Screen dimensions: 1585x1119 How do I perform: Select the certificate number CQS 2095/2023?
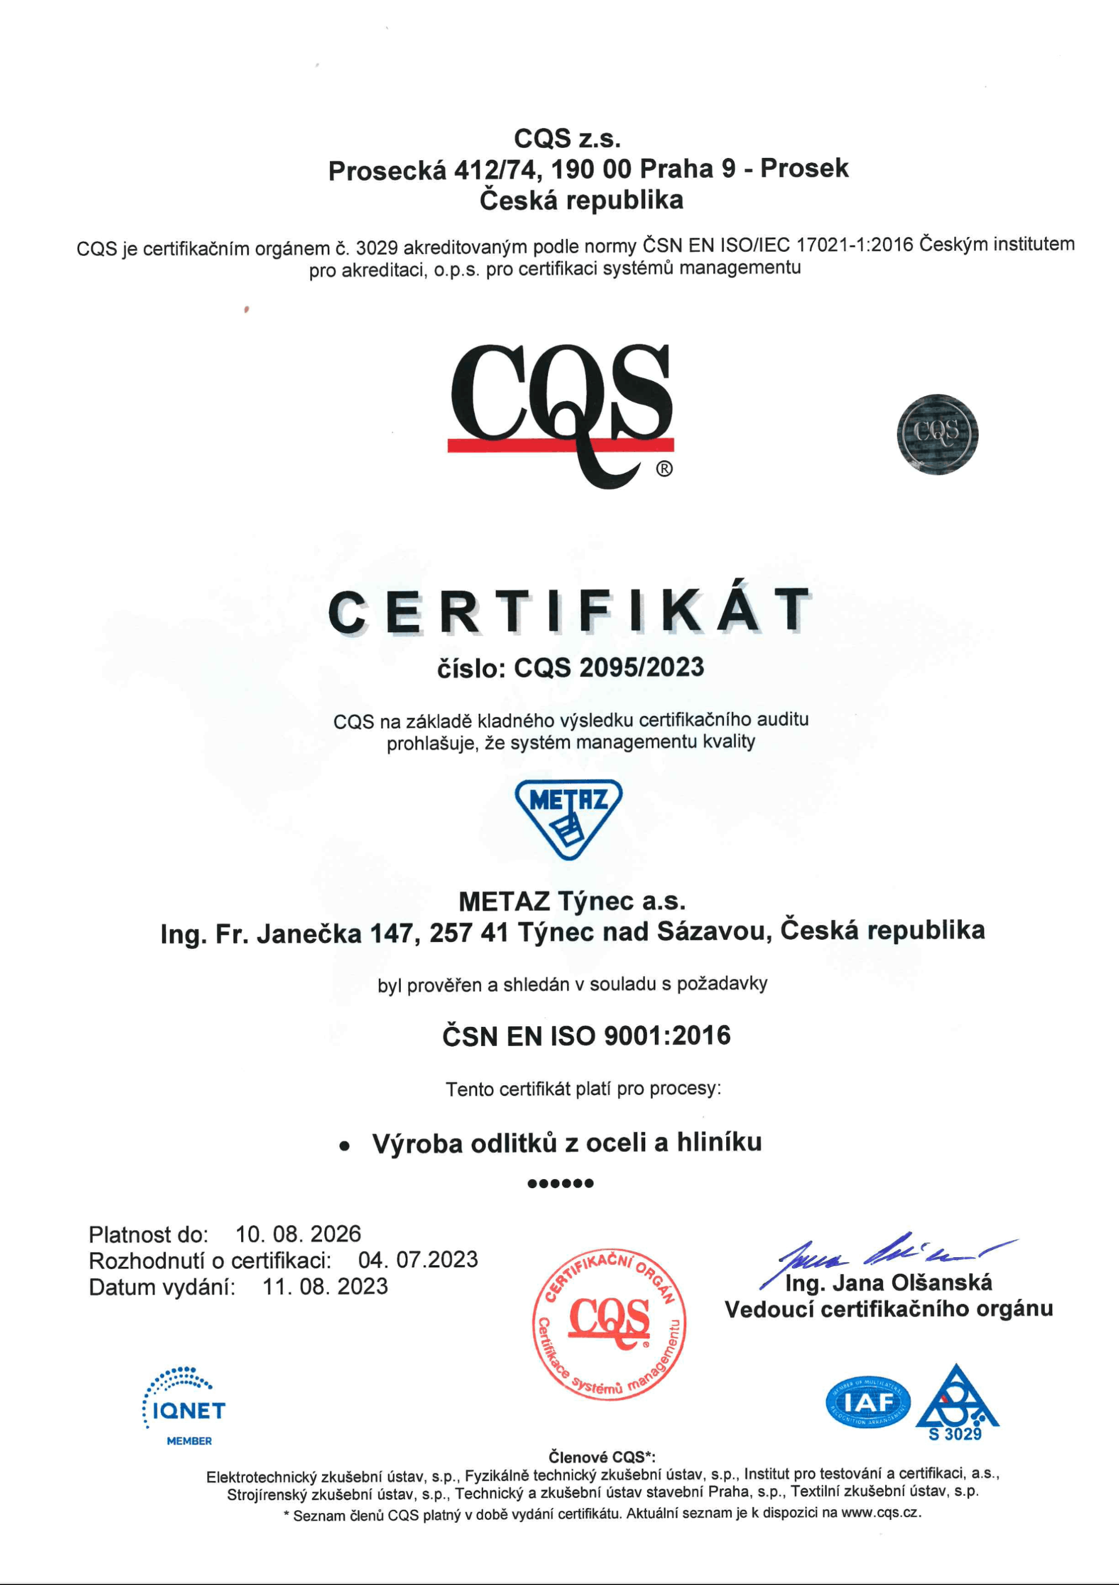pyautogui.click(x=609, y=667)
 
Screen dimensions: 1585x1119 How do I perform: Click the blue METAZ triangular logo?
pyautogui.click(x=568, y=819)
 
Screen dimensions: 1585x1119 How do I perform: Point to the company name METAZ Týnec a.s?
pyautogui.click(x=572, y=901)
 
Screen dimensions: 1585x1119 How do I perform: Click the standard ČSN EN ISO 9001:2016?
pyautogui.click(x=586, y=1035)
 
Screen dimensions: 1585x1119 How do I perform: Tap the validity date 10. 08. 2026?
pyautogui.click(x=298, y=1233)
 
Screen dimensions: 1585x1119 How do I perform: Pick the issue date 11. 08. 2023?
pyautogui.click(x=325, y=1286)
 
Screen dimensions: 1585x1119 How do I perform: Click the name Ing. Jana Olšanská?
pyautogui.click(x=889, y=1283)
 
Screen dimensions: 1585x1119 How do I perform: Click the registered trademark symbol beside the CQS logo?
pyautogui.click(x=663, y=469)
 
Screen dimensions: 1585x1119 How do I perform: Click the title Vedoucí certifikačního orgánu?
pyautogui.click(x=889, y=1309)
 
